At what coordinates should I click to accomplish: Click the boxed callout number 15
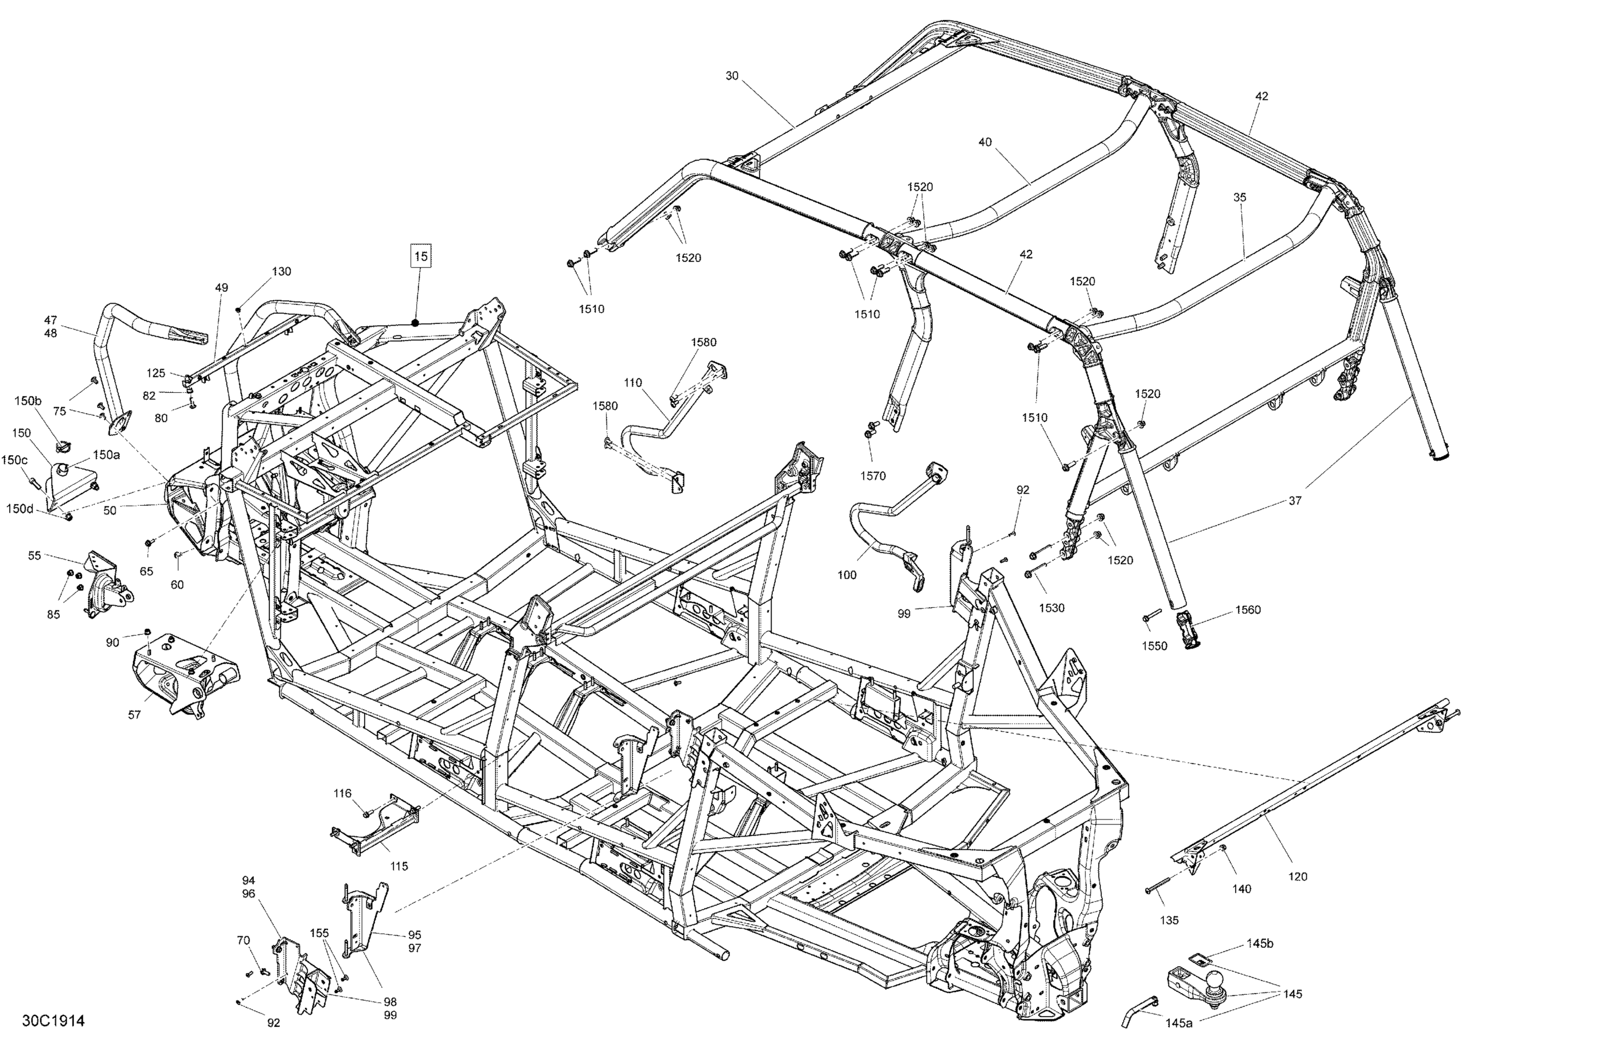[x=421, y=257]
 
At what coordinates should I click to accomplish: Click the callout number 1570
[x=873, y=476]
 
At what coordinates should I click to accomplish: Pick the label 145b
[x=1260, y=944]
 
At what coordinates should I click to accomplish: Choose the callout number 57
[x=134, y=715]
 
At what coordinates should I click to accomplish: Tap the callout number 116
[x=343, y=793]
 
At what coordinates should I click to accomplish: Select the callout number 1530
[x=1052, y=608]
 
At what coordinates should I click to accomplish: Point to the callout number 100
[x=847, y=575]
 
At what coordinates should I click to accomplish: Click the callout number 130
[x=281, y=271]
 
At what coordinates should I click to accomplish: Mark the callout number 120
[x=1297, y=876]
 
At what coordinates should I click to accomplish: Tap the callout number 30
[x=732, y=76]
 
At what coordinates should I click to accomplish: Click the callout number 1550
[x=1155, y=646]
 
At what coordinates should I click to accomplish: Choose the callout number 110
[x=633, y=383]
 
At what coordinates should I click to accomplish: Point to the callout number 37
[x=1295, y=501]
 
